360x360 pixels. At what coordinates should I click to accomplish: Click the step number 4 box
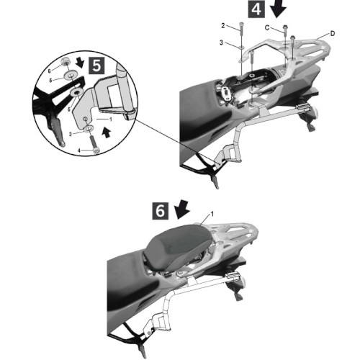click(256, 9)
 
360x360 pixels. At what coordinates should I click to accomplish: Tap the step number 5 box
click(96, 66)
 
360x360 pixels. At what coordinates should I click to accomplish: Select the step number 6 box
click(161, 211)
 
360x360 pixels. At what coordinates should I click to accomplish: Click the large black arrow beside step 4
click(278, 9)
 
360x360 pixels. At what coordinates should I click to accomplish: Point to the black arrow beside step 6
click(181, 210)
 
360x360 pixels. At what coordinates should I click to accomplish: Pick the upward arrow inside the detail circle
click(106, 132)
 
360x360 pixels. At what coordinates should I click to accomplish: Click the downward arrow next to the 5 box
click(80, 63)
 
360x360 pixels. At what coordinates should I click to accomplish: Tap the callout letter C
click(267, 27)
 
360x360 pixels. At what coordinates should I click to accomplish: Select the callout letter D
click(333, 34)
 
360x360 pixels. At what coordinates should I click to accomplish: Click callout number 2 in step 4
click(223, 25)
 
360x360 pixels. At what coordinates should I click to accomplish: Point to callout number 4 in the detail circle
click(79, 150)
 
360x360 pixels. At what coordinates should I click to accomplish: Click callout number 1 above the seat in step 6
click(212, 214)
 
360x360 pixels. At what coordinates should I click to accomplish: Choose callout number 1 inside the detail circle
click(111, 119)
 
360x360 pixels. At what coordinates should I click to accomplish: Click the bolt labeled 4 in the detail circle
click(95, 144)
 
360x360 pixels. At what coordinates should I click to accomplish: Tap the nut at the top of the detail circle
click(65, 61)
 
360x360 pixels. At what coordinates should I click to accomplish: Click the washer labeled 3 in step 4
click(241, 47)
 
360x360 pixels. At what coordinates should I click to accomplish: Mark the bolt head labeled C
click(285, 27)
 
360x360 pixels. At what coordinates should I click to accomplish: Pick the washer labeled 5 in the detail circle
click(71, 76)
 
